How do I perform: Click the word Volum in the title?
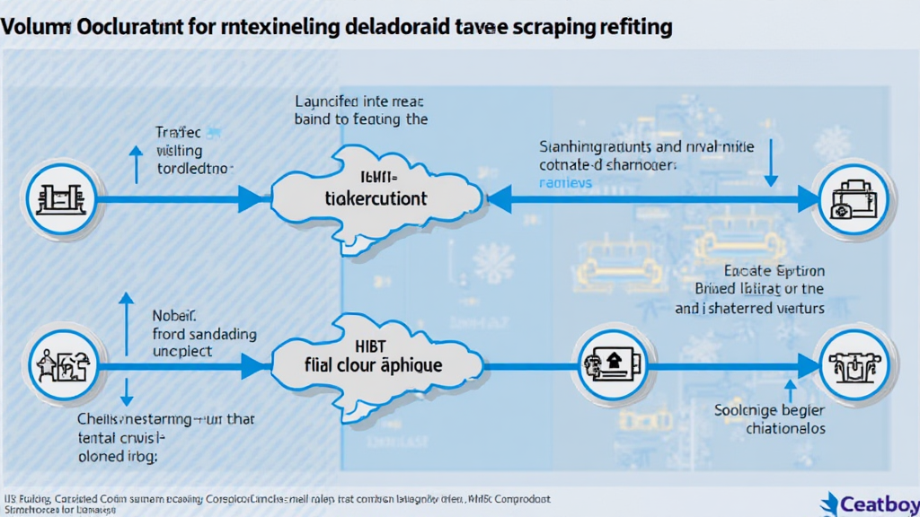[x=27, y=27]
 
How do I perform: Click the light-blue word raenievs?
[x=566, y=183]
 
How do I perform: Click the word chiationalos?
[x=785, y=428]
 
